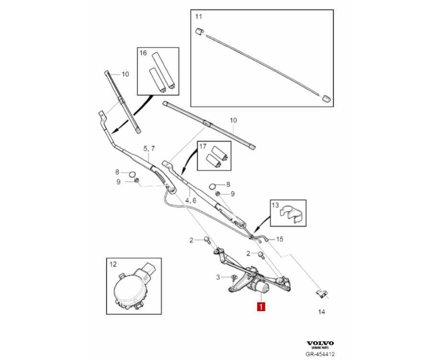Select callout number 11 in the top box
[x=198, y=17]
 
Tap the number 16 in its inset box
[x=143, y=53]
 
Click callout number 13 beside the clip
[x=275, y=205]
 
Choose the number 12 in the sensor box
[x=113, y=264]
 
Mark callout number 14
[x=321, y=312]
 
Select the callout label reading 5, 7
[x=150, y=149]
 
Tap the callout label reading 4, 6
[x=191, y=200]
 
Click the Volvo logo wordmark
[x=320, y=343]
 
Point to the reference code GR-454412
[x=320, y=354]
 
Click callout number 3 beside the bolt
[x=218, y=277]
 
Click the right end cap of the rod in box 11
[x=325, y=98]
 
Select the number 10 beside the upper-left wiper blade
[x=125, y=74]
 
